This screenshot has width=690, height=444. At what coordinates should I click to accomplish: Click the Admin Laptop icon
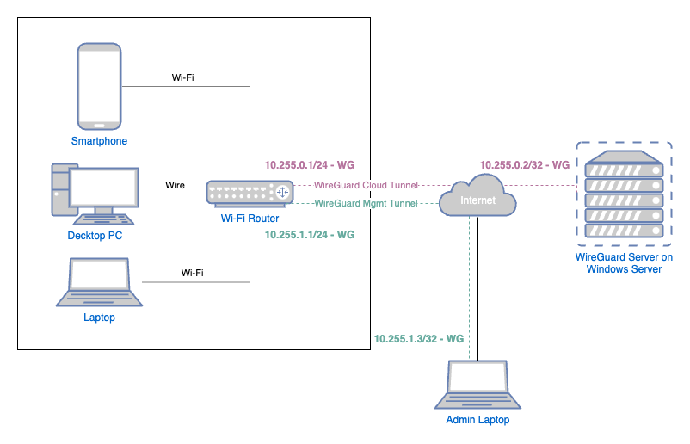(477, 385)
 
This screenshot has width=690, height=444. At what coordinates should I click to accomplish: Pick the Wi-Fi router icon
(247, 194)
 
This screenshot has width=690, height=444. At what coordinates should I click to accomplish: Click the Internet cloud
(477, 199)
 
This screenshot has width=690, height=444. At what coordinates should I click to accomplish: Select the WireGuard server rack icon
(625, 195)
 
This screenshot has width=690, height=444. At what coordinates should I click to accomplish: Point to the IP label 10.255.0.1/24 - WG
(309, 164)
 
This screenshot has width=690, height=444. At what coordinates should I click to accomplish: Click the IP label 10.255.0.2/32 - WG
(525, 164)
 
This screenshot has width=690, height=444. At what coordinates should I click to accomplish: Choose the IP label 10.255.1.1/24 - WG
(309, 234)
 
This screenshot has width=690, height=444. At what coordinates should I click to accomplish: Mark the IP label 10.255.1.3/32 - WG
(419, 339)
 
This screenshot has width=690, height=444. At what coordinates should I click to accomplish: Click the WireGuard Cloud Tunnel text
(366, 185)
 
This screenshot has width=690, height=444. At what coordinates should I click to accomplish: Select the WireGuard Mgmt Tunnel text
(366, 204)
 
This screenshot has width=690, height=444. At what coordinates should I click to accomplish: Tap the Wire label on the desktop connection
(175, 185)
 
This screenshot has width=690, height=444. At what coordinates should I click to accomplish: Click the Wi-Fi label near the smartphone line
(182, 77)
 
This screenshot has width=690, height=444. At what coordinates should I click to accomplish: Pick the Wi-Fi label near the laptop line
(193, 273)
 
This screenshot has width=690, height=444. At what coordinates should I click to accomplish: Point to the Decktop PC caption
(95, 235)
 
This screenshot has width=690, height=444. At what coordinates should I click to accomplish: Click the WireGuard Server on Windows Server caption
(625, 263)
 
